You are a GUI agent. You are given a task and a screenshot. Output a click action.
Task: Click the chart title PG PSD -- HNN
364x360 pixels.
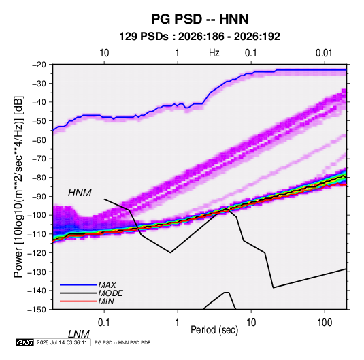click(x=199, y=19)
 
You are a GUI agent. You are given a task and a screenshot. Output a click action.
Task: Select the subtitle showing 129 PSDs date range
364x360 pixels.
click(x=199, y=37)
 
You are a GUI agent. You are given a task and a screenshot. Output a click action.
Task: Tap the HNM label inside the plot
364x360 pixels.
click(x=80, y=193)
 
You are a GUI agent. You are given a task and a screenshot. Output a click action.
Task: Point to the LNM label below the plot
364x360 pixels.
click(x=78, y=334)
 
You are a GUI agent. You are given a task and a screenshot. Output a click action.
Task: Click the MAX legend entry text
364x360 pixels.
click(x=107, y=284)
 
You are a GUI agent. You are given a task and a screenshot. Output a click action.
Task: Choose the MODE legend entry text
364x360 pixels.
click(x=110, y=293)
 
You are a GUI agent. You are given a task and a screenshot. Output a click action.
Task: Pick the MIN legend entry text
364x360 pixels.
click(x=106, y=301)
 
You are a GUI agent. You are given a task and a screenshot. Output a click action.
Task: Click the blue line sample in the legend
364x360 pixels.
click(x=78, y=285)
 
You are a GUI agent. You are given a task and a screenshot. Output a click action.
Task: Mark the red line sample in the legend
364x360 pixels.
click(x=78, y=301)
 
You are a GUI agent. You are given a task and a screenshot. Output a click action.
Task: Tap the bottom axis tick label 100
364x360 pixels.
click(x=325, y=323)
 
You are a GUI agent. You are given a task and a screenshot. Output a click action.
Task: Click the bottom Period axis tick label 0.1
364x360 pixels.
click(x=104, y=323)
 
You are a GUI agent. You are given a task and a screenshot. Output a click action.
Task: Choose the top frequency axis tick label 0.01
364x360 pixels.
click(x=324, y=53)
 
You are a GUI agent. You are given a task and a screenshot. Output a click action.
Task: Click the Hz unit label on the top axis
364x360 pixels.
click(x=214, y=53)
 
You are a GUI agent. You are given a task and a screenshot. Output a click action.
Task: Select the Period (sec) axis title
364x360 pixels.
click(x=214, y=330)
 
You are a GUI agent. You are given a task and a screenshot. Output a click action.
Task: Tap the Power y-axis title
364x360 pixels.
click(x=18, y=187)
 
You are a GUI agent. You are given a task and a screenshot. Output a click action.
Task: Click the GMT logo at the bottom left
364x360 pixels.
click(x=24, y=342)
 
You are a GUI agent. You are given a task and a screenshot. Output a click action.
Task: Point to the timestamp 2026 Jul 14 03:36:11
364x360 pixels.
click(x=62, y=342)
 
